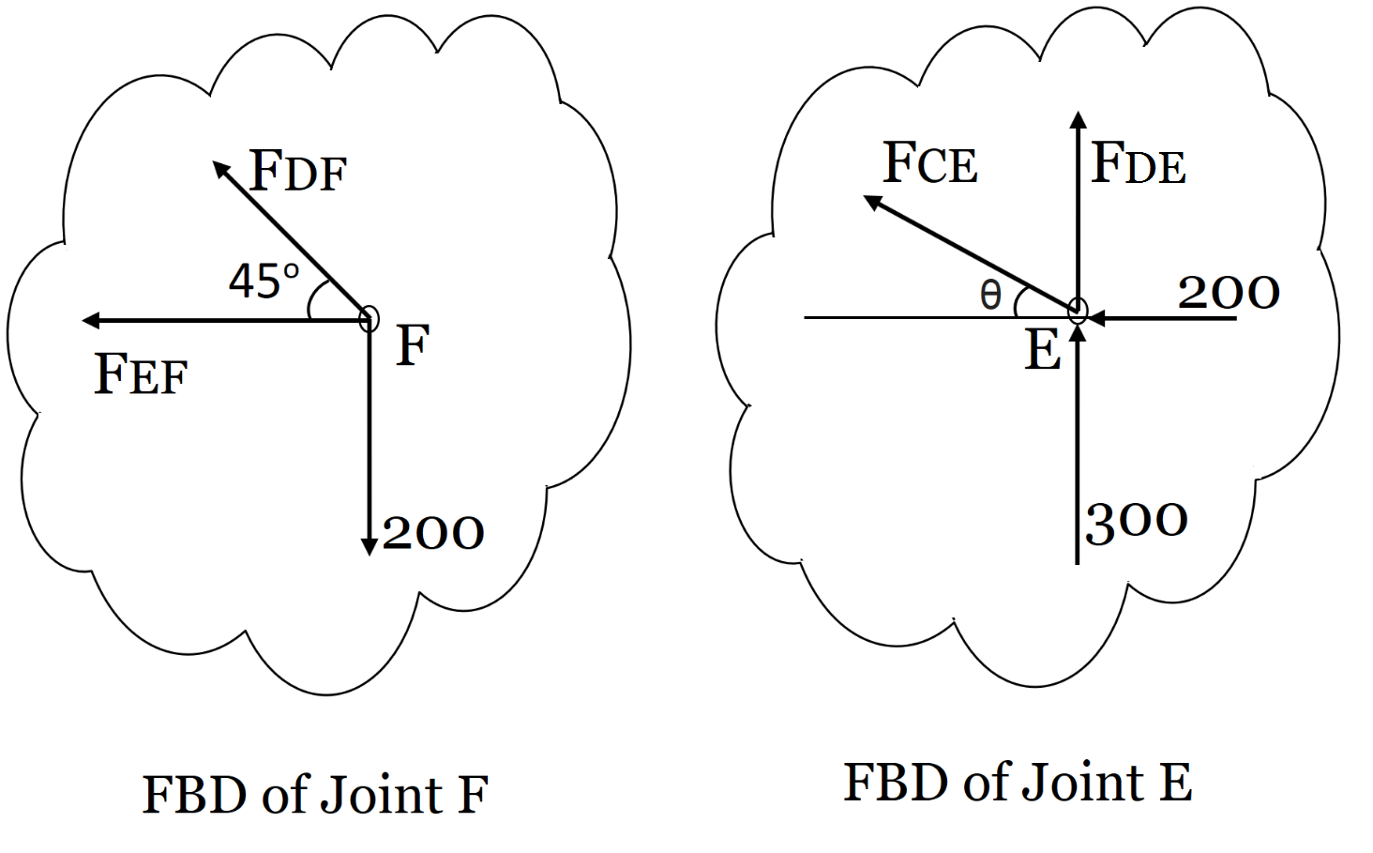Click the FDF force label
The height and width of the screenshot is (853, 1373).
tap(298, 172)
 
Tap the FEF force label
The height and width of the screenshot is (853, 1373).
tap(141, 374)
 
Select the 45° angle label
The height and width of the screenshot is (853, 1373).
tap(264, 281)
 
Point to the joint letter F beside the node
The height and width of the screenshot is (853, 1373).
tap(412, 344)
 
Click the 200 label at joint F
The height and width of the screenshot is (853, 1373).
tap(432, 533)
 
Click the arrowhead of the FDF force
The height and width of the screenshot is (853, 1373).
tap(220, 169)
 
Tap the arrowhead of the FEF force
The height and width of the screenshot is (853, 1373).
tap(91, 321)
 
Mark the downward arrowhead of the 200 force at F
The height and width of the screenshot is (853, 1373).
tap(370, 546)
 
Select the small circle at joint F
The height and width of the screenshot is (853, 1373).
tap(369, 319)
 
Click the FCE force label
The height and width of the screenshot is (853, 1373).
tap(929, 163)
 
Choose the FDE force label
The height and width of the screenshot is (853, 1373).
tap(1139, 164)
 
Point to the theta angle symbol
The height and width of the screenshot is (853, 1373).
tap(990, 297)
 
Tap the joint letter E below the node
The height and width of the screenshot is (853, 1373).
tap(1042, 351)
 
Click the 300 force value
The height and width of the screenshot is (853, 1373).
tap(1137, 521)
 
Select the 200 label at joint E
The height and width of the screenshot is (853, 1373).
tap(1229, 293)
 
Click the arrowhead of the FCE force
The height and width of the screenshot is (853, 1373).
tap(872, 202)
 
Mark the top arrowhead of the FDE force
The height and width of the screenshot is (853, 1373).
tap(1079, 119)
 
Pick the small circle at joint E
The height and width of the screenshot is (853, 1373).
tap(1078, 311)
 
